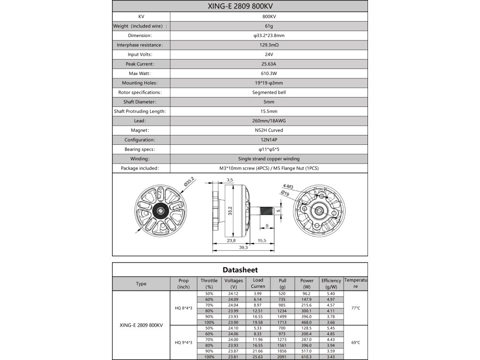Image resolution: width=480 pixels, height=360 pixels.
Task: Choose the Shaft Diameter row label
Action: pyautogui.click(x=139, y=102)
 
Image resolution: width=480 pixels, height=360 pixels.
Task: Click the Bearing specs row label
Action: pyautogui.click(x=139, y=149)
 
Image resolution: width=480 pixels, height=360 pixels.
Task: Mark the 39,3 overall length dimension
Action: pyautogui.click(x=243, y=247)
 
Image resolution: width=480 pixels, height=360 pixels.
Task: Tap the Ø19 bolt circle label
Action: pyautogui.click(x=285, y=193)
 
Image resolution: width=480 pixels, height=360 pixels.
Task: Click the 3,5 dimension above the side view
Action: pyautogui.click(x=230, y=180)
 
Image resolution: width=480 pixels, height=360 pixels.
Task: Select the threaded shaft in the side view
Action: pyautogui.click(x=267, y=209)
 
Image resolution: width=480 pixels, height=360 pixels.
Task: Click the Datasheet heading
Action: pyautogui.click(x=240, y=270)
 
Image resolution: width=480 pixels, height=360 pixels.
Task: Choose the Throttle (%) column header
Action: pyautogui.click(x=209, y=284)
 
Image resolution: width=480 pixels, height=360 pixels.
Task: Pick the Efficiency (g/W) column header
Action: pyautogui.click(x=331, y=284)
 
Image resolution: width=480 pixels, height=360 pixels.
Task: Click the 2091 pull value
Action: pyautogui.click(x=282, y=357)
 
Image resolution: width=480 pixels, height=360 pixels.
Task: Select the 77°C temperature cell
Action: pyautogui.click(x=356, y=307)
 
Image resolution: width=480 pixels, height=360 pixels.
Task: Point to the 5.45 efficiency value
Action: pyautogui.click(x=331, y=328)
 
